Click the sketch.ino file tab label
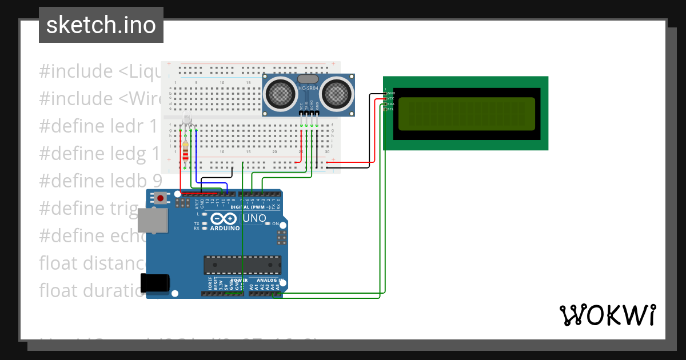101,25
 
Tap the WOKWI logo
607,315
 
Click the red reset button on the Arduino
161,198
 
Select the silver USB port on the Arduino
153,221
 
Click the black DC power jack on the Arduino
155,283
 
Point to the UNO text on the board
254,218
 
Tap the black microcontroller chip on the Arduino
242,265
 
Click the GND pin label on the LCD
391,93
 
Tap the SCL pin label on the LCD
391,109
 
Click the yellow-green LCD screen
466,113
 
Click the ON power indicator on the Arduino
276,223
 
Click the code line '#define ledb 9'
101,181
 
